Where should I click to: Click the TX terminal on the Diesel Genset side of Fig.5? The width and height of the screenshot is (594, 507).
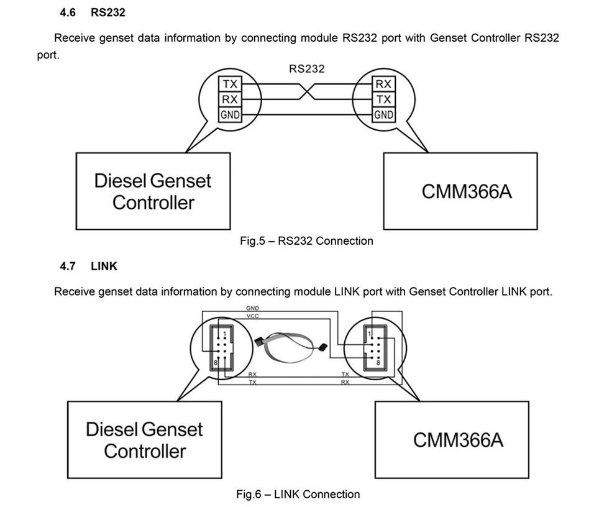229,83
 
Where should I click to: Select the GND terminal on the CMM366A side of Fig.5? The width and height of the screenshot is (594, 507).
383,114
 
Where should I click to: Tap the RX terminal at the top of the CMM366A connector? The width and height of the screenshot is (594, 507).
383,83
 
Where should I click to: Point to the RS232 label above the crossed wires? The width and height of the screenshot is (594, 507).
306,68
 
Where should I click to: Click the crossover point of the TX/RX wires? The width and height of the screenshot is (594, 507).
306,91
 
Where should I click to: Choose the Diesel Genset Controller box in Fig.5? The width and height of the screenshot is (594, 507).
153,191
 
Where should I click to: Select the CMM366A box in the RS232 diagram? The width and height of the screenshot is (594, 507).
460,191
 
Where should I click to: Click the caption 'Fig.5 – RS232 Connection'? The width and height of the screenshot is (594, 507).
306,241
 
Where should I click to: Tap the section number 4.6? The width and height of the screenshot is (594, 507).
68,12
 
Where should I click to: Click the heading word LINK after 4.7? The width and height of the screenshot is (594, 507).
104,266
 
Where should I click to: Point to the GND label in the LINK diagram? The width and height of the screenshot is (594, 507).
252,308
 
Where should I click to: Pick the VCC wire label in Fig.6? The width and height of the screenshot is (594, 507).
252,316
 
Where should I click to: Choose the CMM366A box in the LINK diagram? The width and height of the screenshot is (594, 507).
452,439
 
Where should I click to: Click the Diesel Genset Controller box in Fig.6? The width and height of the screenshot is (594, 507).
144,439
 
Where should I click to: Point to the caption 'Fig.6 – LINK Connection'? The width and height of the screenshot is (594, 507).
298,495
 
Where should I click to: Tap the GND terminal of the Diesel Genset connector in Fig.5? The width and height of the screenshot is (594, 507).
229,114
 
